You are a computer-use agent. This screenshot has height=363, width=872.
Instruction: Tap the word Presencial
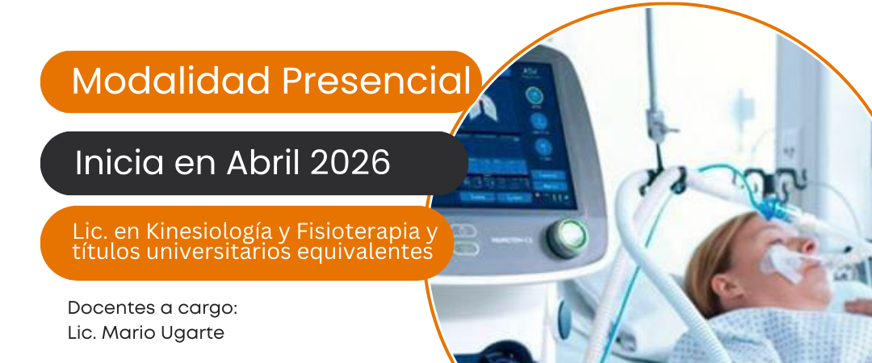click(x=377, y=81)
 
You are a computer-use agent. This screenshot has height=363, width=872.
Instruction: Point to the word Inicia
click(x=119, y=163)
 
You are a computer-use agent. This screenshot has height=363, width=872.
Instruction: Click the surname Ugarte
click(x=199, y=333)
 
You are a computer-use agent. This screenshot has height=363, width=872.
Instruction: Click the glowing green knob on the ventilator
click(x=567, y=237)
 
